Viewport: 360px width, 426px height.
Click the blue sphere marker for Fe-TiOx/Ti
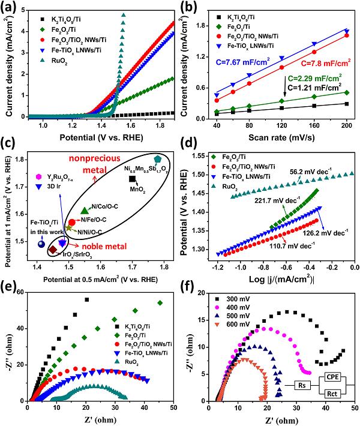pos(41,245)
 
